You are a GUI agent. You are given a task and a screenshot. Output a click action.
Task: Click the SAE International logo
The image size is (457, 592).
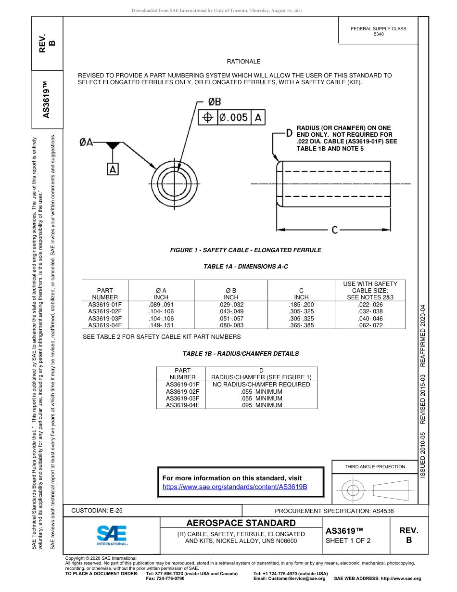pyautogui.click(x=112, y=535)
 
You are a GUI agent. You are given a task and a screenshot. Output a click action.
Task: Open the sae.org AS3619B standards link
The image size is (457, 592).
pyautogui.click(x=235, y=487)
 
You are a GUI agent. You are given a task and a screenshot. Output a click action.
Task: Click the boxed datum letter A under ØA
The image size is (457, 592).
pyautogui.click(x=113, y=169)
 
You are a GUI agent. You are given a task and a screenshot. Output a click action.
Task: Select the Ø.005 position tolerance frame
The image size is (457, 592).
pyautogui.click(x=232, y=117)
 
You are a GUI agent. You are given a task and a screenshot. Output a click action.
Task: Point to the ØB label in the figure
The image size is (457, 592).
pyautogui.click(x=215, y=102)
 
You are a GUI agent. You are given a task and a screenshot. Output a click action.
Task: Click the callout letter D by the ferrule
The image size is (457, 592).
pyautogui.click(x=289, y=132)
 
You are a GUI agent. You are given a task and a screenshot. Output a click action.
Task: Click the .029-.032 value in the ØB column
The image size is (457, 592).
pyautogui.click(x=231, y=305)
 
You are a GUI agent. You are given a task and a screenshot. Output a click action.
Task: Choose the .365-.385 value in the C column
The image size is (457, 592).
pyautogui.click(x=301, y=325)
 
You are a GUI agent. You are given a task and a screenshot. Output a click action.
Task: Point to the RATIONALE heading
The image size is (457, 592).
pyautogui.click(x=243, y=62)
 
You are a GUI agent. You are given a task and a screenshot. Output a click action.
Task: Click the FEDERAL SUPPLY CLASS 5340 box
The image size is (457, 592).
pyautogui.click(x=378, y=31)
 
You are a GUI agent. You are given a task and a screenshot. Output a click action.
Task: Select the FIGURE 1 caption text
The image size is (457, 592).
pyautogui.click(x=245, y=250)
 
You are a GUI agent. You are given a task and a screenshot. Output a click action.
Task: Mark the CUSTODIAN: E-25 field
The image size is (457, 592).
pyautogui.click(x=97, y=511)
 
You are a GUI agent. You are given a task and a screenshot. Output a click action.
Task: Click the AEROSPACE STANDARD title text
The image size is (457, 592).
pyautogui.click(x=241, y=523)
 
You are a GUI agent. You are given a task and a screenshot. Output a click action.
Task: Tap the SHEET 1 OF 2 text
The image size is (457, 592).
pyautogui.click(x=348, y=541)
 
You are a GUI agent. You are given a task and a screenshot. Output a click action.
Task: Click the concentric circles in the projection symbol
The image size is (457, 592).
pyautogui.click(x=353, y=491)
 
